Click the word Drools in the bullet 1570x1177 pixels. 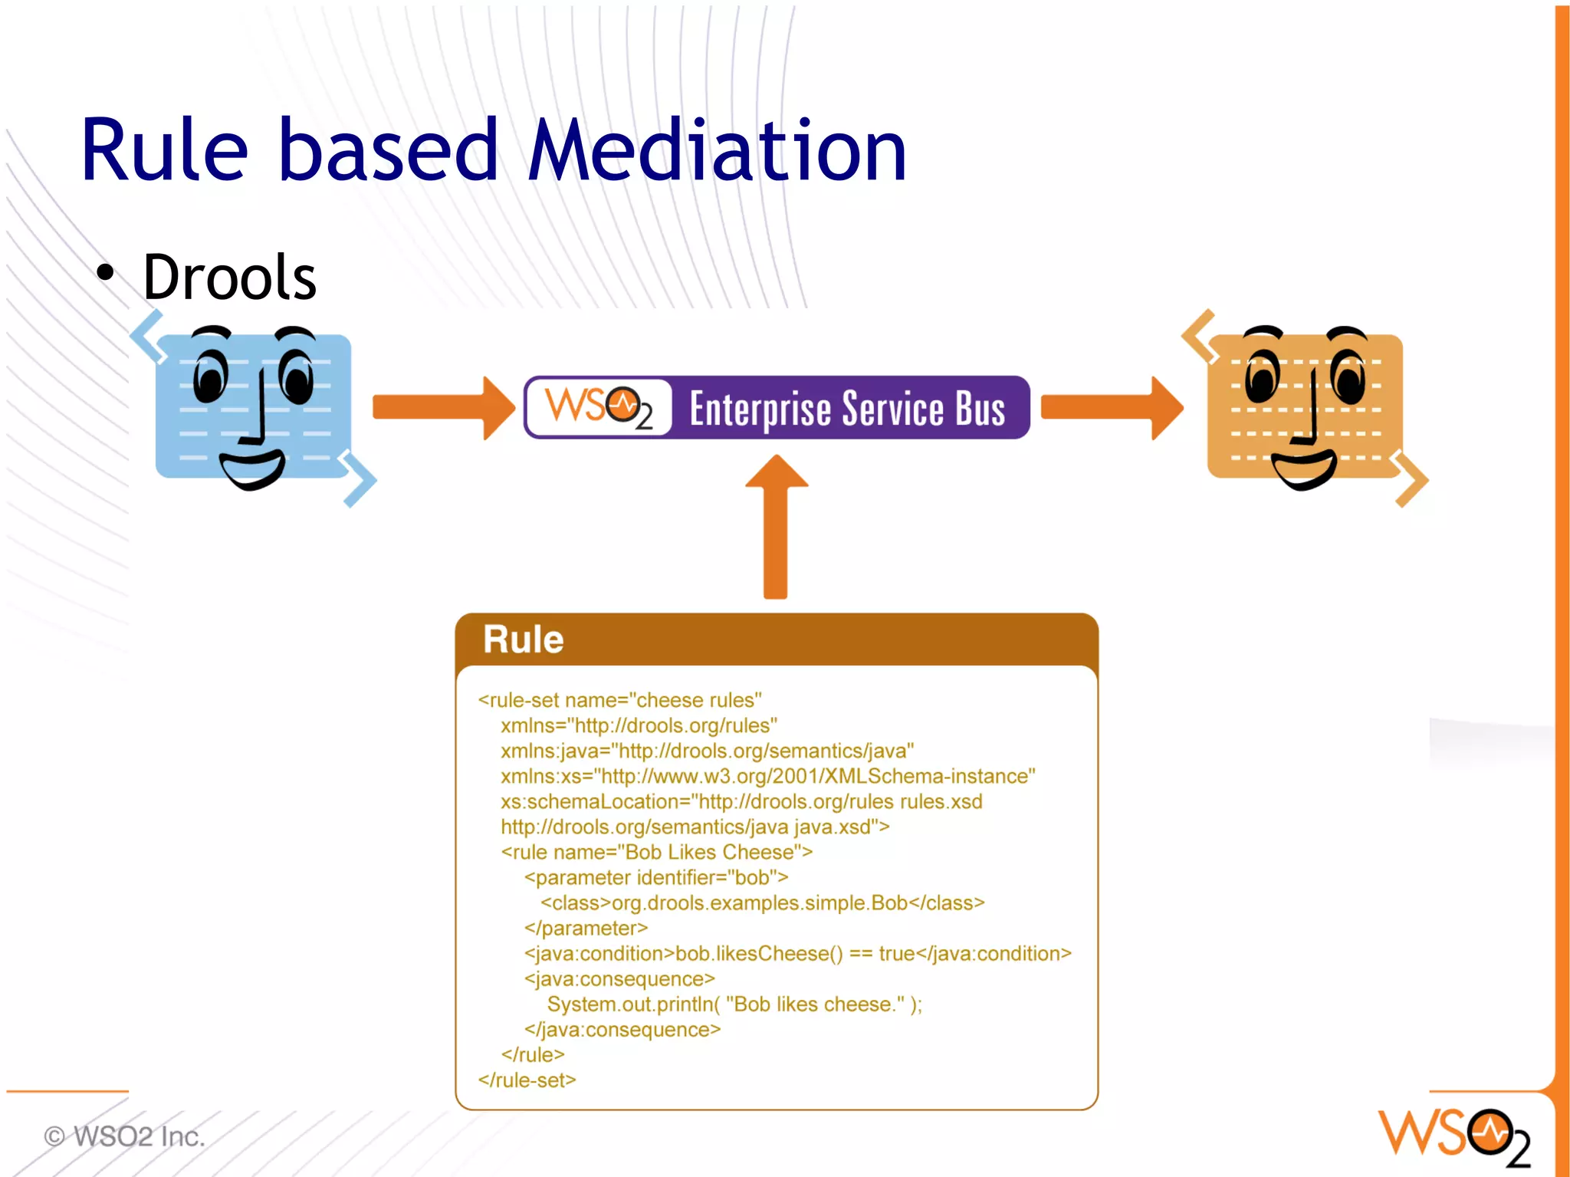(x=229, y=277)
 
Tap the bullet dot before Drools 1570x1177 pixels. (x=105, y=273)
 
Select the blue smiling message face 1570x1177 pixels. (x=253, y=406)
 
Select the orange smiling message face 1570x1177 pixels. (x=1305, y=406)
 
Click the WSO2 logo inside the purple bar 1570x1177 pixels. (x=599, y=407)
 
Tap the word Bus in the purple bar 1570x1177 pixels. (x=980, y=409)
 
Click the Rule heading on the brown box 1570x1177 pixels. (x=523, y=639)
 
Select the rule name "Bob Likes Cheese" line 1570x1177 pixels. (x=656, y=852)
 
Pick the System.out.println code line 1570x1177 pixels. (x=734, y=1004)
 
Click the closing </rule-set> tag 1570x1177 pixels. (x=527, y=1080)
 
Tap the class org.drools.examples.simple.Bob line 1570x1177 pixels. (x=762, y=902)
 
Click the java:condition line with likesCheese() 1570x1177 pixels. (x=797, y=953)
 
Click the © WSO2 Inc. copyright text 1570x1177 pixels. (x=125, y=1136)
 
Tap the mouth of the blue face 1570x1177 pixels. (x=251, y=468)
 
